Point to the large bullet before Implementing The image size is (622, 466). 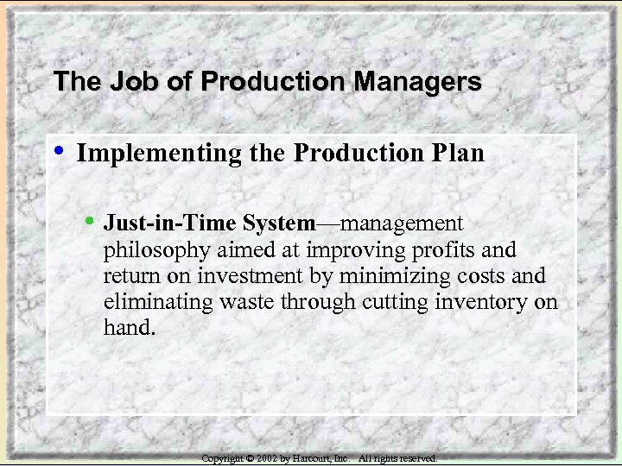point(58,152)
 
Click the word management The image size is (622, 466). point(403,224)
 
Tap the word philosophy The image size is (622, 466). point(150,250)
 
